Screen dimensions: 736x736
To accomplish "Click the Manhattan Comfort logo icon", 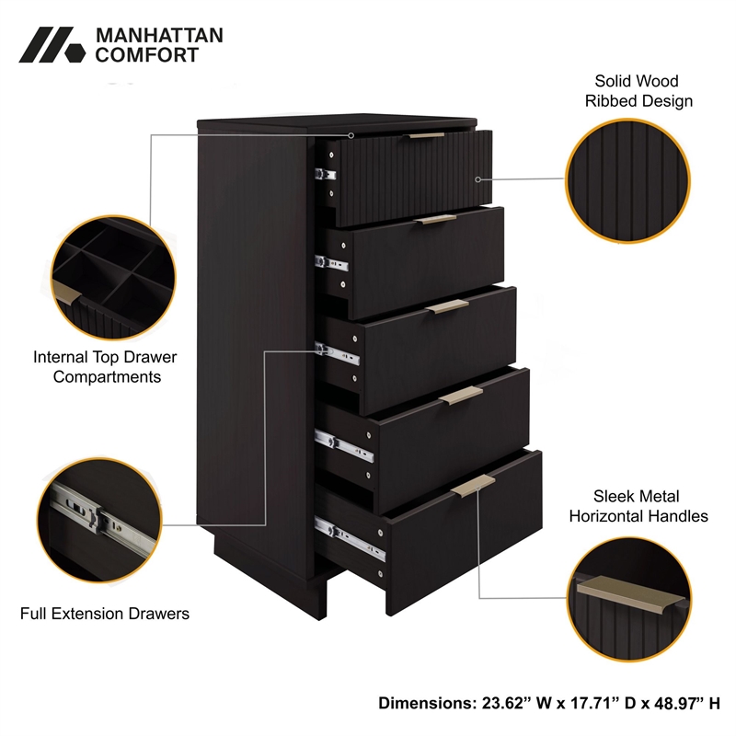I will (x=52, y=45).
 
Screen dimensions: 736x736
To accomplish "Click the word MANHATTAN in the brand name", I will (x=146, y=36).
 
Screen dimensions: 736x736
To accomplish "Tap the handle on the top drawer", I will (x=426, y=136).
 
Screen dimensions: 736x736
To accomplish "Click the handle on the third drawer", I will (x=447, y=307).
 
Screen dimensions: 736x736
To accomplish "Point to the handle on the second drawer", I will (x=433, y=220).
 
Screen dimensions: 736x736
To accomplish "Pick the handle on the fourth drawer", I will (x=461, y=394).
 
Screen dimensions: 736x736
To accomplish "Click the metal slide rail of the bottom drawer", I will (x=351, y=539).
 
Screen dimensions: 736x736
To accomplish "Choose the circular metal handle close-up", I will (x=629, y=595).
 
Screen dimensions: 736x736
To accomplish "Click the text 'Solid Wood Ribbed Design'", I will (x=638, y=91).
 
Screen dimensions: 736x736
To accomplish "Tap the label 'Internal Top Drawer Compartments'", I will (x=105, y=366).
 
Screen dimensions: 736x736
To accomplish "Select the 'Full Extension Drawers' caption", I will (x=105, y=613).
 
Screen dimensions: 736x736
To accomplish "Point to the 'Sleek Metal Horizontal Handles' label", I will (x=638, y=506).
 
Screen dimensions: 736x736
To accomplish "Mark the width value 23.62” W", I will (x=508, y=703).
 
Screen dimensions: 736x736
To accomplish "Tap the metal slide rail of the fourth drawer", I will (x=344, y=445).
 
